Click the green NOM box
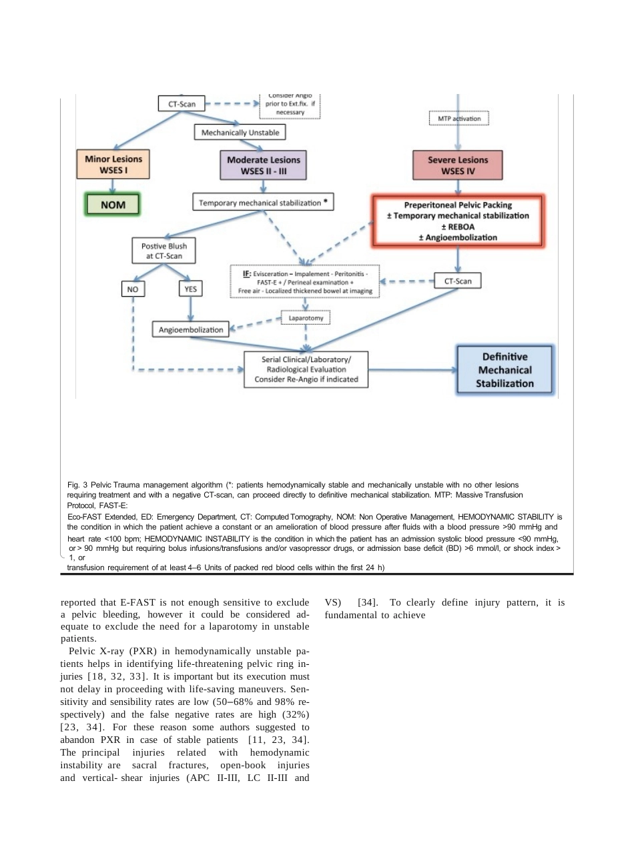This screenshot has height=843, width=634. point(113,204)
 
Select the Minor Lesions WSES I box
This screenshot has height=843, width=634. point(113,164)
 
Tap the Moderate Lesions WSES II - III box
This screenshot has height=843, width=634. point(263,165)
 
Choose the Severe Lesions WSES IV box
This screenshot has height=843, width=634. point(458,165)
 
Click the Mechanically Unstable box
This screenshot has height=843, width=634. point(240,133)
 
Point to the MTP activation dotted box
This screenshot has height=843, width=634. point(459,118)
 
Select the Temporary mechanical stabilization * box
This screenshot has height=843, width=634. point(263,202)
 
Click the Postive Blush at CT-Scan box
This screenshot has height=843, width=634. point(164,251)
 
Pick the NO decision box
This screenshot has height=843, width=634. point(133,289)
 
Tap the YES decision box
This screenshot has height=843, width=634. point(191,289)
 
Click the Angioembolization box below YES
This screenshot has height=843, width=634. point(191,329)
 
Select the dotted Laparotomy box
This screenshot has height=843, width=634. point(306,317)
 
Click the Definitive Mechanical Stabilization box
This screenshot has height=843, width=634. point(505,370)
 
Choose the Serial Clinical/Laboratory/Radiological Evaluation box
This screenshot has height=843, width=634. point(306,369)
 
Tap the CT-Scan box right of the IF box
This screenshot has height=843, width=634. point(458,281)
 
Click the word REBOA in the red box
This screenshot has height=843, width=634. point(461,227)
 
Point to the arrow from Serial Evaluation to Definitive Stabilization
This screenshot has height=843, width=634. point(412,370)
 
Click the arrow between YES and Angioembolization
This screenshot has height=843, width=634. point(191,309)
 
